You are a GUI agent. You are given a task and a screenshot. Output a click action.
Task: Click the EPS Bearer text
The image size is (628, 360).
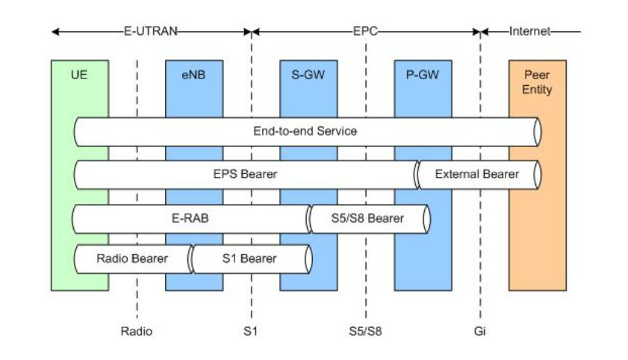244,176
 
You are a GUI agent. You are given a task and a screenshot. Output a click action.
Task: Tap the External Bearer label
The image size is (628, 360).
476,176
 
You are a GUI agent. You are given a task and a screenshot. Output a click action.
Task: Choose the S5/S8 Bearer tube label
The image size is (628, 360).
367,219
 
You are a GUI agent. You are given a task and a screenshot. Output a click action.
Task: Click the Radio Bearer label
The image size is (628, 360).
132,259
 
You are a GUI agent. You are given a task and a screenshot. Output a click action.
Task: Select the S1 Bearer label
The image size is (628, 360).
249,259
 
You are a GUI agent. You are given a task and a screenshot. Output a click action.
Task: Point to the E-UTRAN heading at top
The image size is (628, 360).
152,32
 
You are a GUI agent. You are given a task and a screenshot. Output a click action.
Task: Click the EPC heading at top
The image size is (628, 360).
366,32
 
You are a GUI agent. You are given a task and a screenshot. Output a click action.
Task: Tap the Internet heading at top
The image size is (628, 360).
529,32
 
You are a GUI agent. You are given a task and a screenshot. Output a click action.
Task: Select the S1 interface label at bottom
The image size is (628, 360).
251,330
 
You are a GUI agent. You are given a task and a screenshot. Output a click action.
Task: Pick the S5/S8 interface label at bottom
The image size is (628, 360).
365,330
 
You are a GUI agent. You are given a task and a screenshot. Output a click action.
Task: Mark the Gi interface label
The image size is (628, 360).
479,330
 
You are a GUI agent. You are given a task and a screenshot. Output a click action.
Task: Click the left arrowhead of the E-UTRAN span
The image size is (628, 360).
55,32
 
